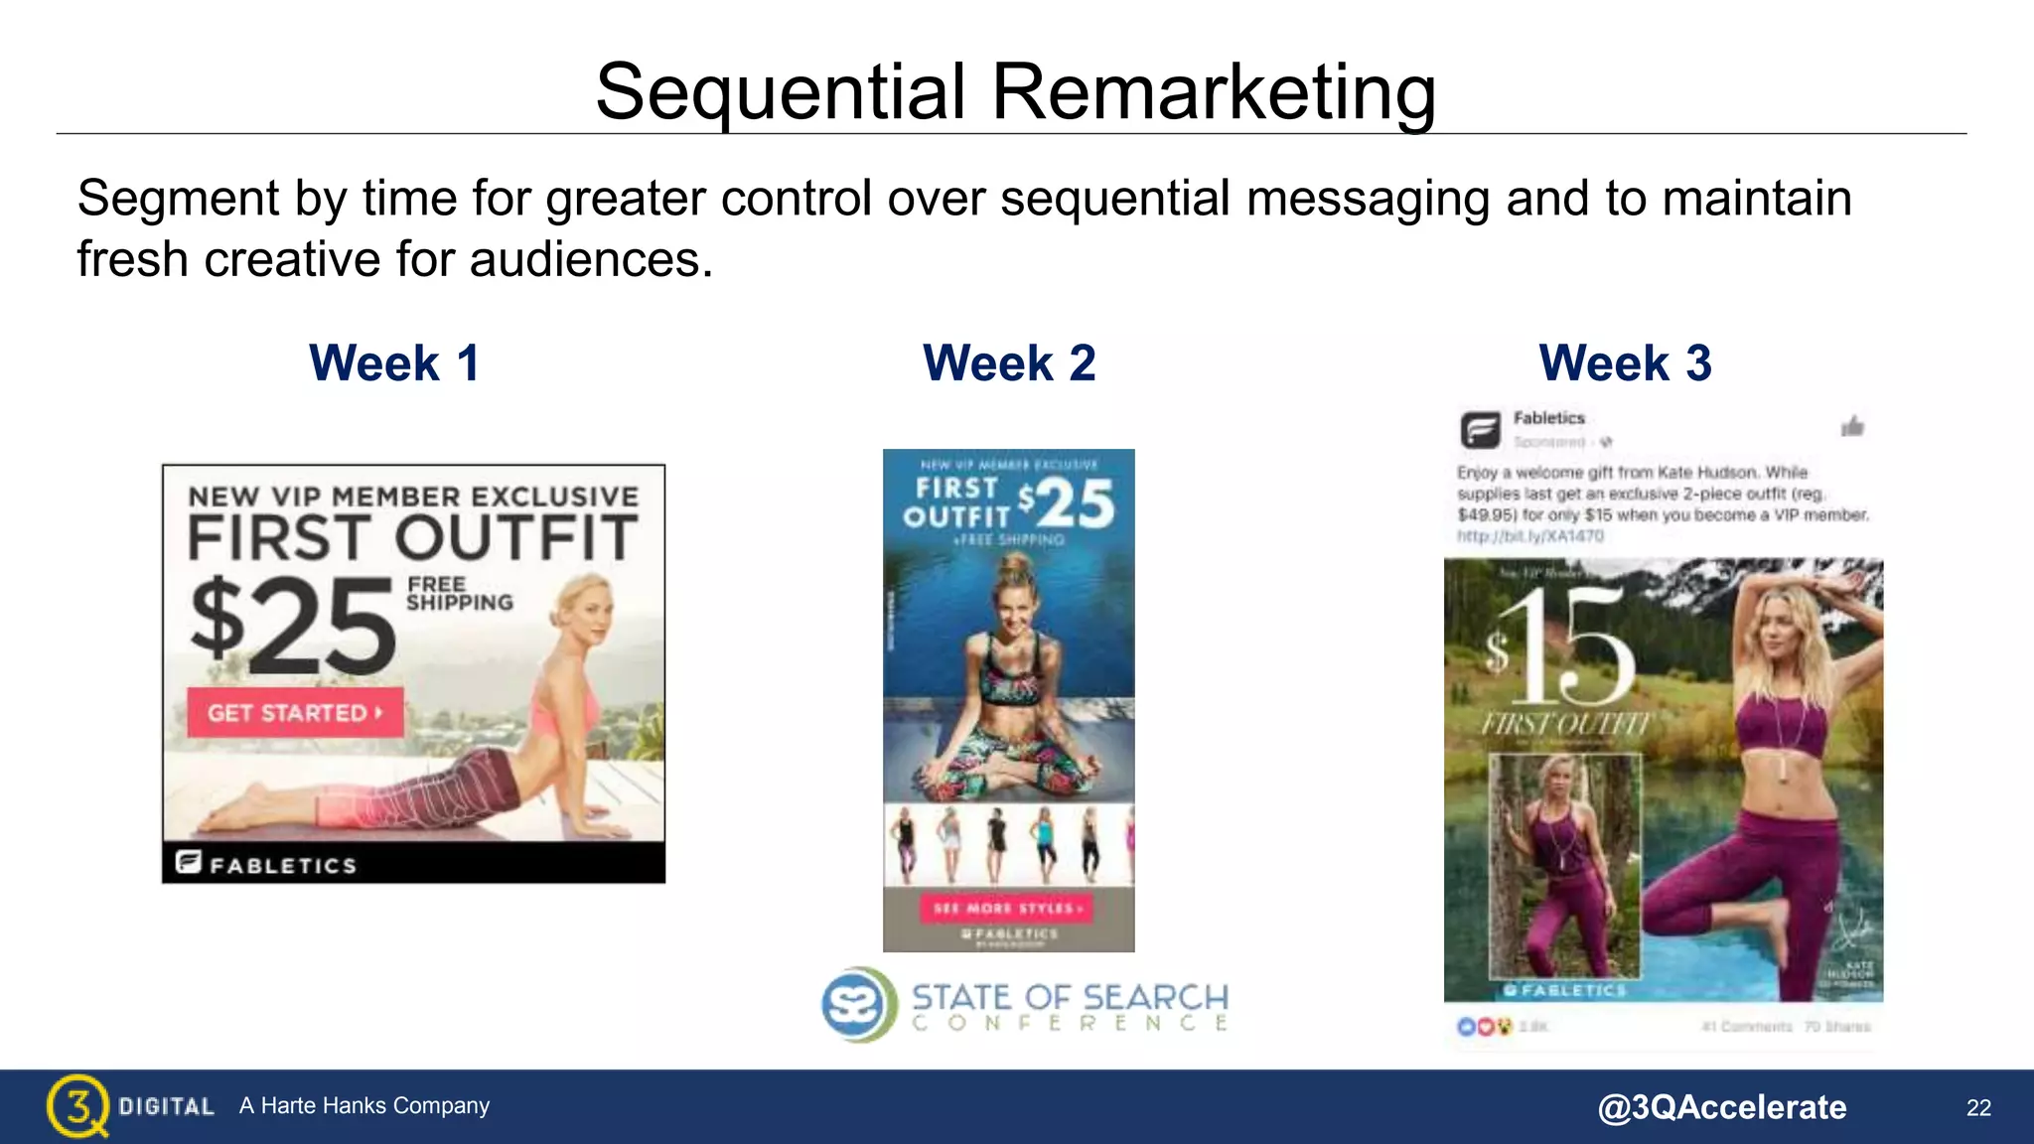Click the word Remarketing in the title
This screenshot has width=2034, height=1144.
[1213, 92]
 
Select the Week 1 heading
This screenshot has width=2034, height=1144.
[394, 362]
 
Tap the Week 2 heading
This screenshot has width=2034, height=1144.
[1009, 362]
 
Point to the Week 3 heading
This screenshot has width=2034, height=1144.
[1625, 362]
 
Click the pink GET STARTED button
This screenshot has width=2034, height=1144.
[295, 713]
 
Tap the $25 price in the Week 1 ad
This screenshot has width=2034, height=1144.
[294, 626]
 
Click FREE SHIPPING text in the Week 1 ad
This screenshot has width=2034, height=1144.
[459, 594]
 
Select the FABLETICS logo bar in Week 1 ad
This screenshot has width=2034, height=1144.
[413, 863]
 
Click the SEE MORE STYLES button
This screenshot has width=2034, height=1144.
[1008, 908]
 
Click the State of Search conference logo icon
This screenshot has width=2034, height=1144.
[855, 1004]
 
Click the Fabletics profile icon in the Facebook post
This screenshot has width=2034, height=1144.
[1480, 430]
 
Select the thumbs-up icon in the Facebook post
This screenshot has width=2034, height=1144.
[1852, 427]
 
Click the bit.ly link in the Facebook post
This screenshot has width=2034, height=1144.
[1529, 536]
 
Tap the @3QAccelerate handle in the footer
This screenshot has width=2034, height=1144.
[1721, 1107]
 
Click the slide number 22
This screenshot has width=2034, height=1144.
[1978, 1108]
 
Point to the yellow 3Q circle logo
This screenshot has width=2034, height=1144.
[76, 1105]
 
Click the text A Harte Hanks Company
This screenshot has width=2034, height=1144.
[364, 1106]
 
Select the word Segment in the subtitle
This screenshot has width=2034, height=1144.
[179, 199]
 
